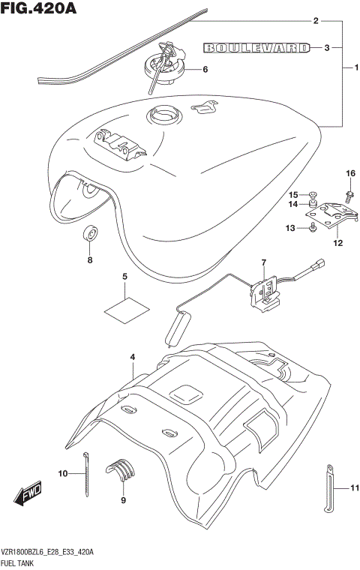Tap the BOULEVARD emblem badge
256,48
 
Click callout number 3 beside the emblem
327,48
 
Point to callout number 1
347,68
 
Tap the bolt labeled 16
349,196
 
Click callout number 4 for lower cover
132,357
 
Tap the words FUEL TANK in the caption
20,563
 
